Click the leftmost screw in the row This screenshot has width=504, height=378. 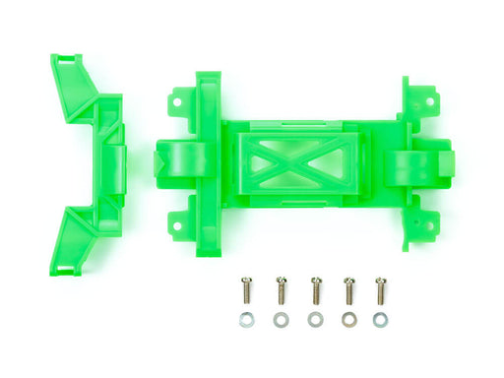[246, 292]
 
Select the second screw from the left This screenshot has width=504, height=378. [282, 291]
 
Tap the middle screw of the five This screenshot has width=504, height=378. [315, 291]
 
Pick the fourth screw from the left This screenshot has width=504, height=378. [347, 291]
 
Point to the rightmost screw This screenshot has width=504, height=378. [380, 291]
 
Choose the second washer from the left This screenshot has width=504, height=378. [281, 320]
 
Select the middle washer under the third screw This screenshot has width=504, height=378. [314, 320]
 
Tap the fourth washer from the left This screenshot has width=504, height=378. [346, 320]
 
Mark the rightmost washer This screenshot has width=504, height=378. [380, 320]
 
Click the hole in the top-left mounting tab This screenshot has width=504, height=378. [176, 99]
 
